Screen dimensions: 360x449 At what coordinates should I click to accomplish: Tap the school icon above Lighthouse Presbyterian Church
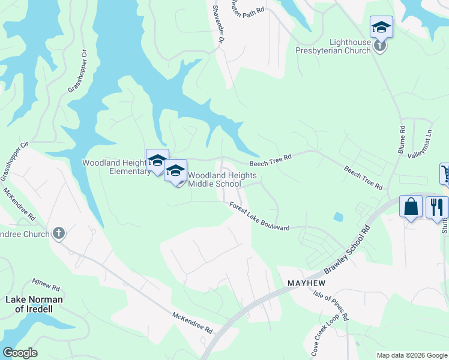pos(381,26)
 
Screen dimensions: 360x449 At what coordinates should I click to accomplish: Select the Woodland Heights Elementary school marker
pos(157,160)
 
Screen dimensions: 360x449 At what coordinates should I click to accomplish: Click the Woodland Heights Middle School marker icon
pos(175,171)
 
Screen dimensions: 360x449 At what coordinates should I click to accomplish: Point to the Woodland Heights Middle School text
pos(223,179)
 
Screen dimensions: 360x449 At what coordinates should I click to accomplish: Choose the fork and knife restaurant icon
pos(436,207)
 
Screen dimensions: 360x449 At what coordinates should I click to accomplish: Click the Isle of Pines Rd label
pos(331,305)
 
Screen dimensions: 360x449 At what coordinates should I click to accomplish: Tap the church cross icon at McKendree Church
pos(58,233)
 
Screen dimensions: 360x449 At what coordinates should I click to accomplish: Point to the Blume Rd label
pos(401,140)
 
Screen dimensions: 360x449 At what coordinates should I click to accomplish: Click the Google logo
pos(20,353)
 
